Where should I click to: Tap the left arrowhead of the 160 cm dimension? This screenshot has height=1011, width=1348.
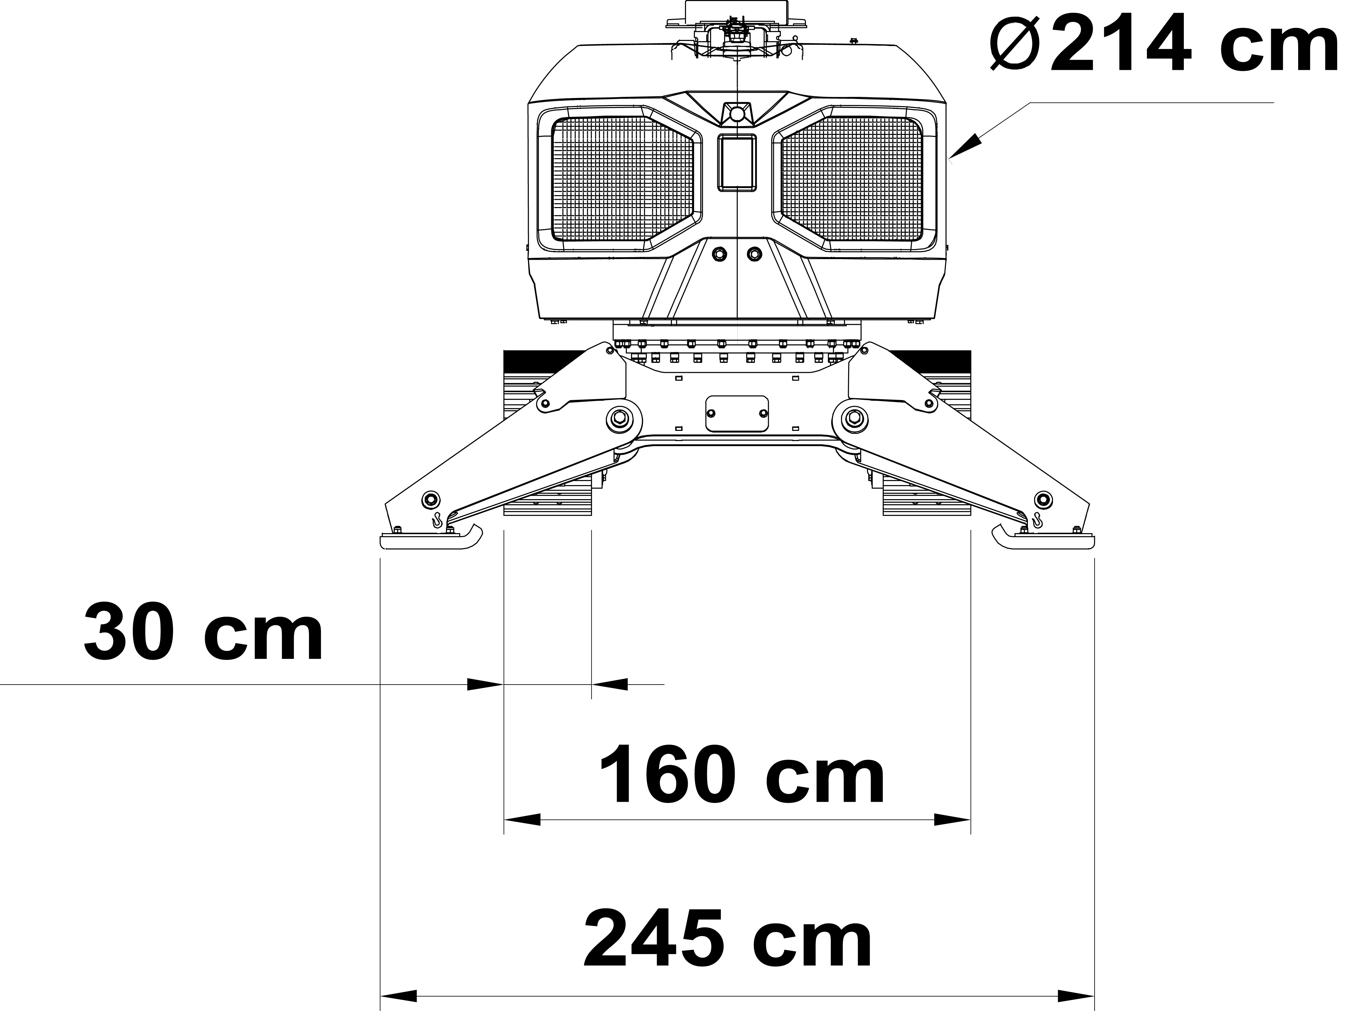[x=522, y=820]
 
